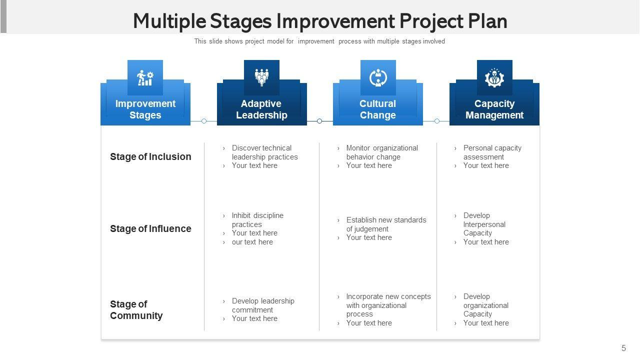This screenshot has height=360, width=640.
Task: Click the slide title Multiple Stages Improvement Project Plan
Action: point(320,21)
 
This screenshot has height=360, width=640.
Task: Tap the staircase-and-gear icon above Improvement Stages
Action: point(145,77)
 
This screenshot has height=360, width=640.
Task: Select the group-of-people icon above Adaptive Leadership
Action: point(261,77)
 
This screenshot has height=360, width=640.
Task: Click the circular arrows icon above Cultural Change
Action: point(378,77)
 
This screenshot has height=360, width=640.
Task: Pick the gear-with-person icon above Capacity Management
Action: point(494,77)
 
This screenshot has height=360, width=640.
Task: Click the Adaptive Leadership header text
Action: point(261,109)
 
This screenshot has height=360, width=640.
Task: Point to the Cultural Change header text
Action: point(377,109)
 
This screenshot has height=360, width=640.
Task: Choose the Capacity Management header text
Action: point(494,109)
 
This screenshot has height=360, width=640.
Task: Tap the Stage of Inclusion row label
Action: point(150,156)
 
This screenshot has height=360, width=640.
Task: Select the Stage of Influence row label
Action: point(150,228)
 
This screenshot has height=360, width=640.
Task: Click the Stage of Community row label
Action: point(136,309)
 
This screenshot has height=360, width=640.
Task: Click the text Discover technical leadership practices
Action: point(264,152)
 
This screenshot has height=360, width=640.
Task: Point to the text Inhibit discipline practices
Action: point(257,219)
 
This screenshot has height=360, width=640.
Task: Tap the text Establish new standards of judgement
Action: point(386,224)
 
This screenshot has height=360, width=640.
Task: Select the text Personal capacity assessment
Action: point(492,152)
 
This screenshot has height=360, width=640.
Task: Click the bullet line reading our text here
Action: point(252,242)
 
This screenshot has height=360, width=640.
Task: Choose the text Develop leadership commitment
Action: point(263,305)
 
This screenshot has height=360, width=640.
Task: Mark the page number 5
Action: point(623,348)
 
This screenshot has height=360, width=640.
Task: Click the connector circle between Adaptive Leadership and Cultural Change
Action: point(319,121)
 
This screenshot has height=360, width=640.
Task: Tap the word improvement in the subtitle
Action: point(316,41)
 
